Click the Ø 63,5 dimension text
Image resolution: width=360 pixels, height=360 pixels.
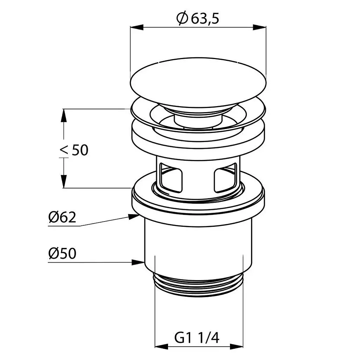[198, 18]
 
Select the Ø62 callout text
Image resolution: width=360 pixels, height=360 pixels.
[62, 217]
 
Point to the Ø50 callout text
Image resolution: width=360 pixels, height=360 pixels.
[62, 253]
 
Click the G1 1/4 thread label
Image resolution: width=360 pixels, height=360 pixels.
[197, 338]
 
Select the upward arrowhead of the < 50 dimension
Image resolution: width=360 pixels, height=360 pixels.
[64, 115]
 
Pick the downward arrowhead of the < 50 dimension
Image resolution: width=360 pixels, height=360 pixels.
[64, 181]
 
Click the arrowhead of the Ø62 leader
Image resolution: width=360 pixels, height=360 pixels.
[134, 216]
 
